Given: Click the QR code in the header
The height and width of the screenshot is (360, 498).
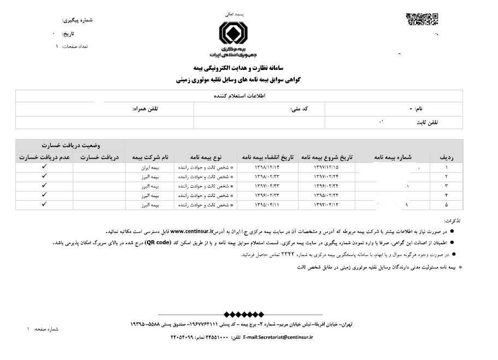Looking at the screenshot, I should [422, 19].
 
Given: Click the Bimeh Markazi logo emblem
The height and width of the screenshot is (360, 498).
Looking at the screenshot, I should [237, 34].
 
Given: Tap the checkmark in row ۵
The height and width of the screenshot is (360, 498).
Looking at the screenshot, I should [44, 204].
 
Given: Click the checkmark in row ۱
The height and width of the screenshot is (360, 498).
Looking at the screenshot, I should [44, 166].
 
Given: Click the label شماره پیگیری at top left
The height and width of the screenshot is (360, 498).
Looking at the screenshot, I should [79, 20].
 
